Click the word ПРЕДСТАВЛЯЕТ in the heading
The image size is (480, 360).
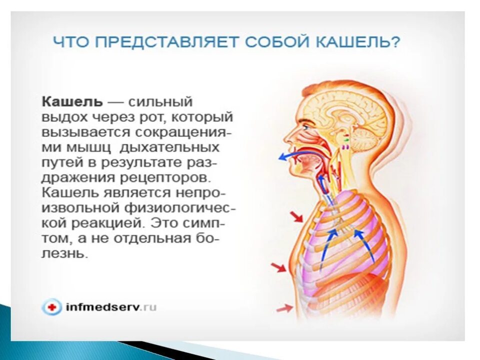pyautogui.click(x=159, y=42)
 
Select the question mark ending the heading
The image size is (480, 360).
pyautogui.click(x=395, y=42)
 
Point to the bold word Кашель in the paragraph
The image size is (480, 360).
pyautogui.click(x=72, y=101)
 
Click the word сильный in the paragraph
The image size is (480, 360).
pyautogui.click(x=160, y=101)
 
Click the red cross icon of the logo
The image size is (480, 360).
pyautogui.click(x=51, y=307)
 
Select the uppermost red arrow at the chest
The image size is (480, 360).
pyautogui.click(x=296, y=216)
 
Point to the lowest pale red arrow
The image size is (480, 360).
pyautogui.click(x=284, y=308)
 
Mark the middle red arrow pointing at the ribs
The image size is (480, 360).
pyautogui.click(x=278, y=267)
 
